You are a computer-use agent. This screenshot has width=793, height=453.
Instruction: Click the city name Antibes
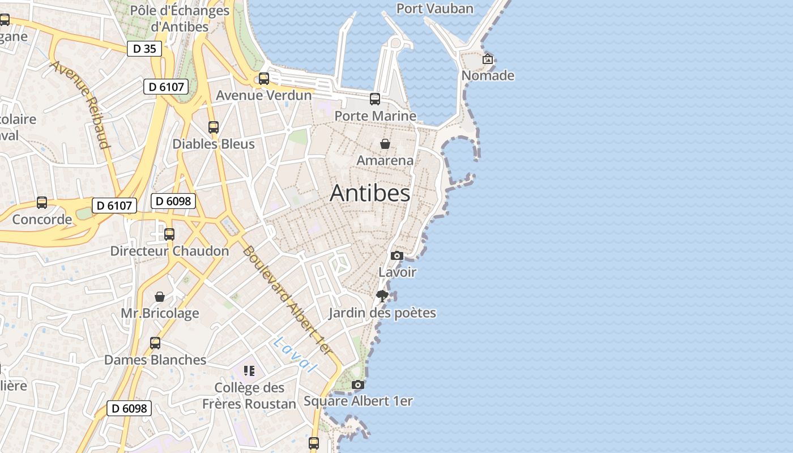coord(370,193)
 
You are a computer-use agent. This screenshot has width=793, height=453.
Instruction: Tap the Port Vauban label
coord(434,8)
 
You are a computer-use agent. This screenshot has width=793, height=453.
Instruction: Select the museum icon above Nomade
coord(487,59)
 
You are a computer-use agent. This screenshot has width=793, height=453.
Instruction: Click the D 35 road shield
coord(144,49)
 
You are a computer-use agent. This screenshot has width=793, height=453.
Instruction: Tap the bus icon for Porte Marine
coord(375,99)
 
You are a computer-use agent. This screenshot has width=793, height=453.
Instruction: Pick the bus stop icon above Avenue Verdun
coord(264,79)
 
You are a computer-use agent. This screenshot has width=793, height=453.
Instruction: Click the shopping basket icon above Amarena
coord(385,144)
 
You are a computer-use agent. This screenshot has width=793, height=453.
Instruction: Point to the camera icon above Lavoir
coord(397,256)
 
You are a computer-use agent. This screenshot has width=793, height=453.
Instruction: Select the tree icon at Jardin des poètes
coord(382,296)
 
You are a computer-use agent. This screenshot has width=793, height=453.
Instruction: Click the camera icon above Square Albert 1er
coord(357,385)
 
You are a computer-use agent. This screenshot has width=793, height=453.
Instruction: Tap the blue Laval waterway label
coord(295,354)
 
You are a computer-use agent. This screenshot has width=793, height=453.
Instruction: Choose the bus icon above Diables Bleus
coord(214,127)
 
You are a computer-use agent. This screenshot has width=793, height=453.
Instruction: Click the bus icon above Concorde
coord(42,203)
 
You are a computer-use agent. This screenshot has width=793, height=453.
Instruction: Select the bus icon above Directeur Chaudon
coord(169,234)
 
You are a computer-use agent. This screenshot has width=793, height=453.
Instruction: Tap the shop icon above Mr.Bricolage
coord(160,297)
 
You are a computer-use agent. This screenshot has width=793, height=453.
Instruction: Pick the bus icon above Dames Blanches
coord(155,343)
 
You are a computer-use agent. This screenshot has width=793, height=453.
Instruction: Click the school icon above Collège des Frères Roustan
coord(249,371)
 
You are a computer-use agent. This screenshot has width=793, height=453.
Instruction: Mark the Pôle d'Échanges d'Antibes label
coord(180,18)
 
